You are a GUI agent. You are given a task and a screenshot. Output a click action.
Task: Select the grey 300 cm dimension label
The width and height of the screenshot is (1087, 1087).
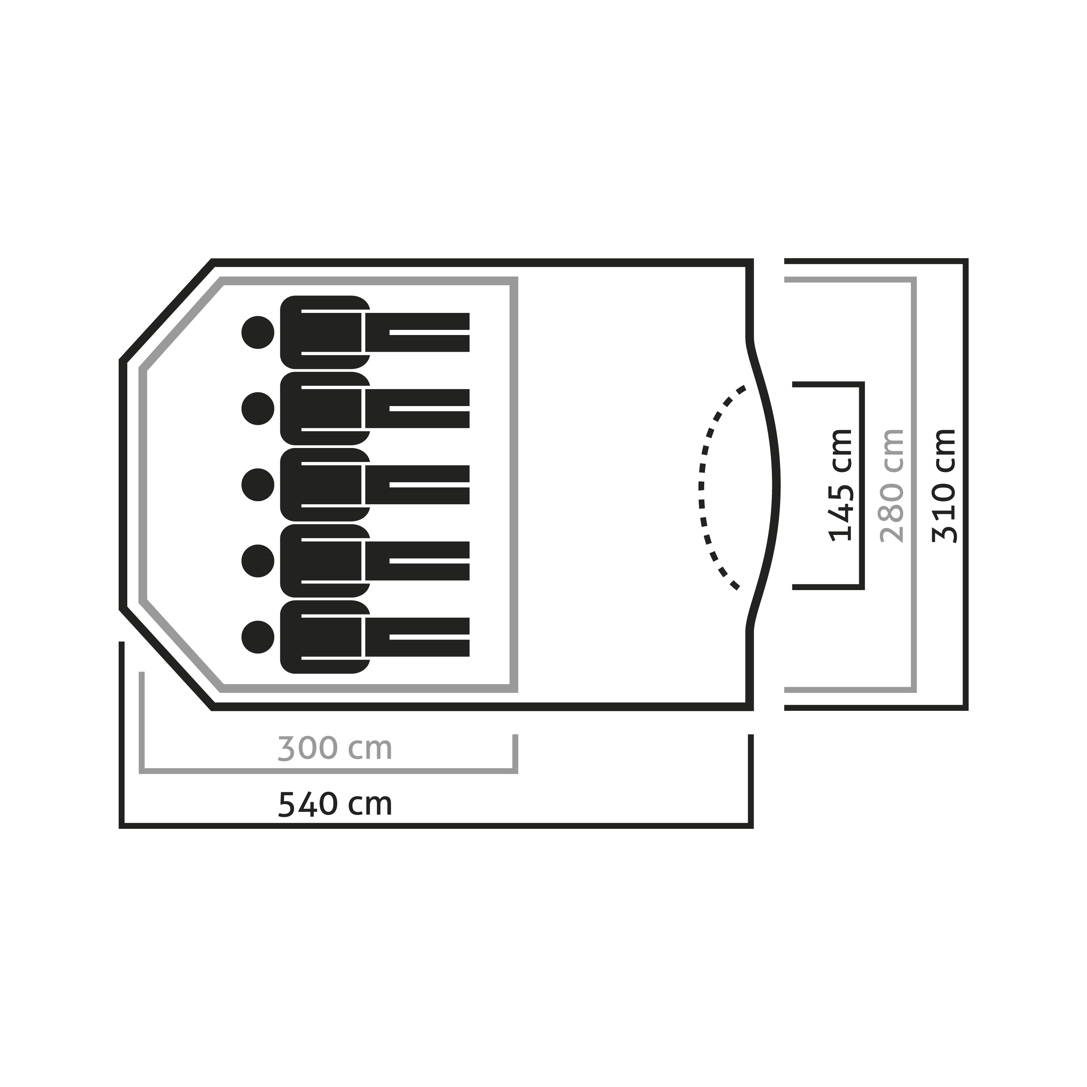[x=335, y=749]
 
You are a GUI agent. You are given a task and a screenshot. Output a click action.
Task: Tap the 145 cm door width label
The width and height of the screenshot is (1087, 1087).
[x=841, y=486]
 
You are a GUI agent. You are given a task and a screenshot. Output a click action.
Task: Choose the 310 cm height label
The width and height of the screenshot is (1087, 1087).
[x=944, y=486]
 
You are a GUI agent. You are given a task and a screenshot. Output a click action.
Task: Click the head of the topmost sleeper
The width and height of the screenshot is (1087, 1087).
[x=258, y=332]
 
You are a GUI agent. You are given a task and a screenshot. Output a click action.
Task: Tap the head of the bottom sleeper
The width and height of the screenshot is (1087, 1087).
[x=258, y=637]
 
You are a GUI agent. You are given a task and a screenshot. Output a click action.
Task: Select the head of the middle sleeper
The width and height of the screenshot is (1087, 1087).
[x=258, y=484]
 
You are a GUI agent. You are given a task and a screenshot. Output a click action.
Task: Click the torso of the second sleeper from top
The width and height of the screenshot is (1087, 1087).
[x=325, y=409]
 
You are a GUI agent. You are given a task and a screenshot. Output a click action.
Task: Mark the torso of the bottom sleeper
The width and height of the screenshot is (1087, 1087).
[x=325, y=637]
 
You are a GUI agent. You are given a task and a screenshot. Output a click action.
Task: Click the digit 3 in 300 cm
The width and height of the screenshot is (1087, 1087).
[x=286, y=749]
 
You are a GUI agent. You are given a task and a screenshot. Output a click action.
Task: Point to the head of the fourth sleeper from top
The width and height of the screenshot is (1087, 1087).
[x=258, y=561]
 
